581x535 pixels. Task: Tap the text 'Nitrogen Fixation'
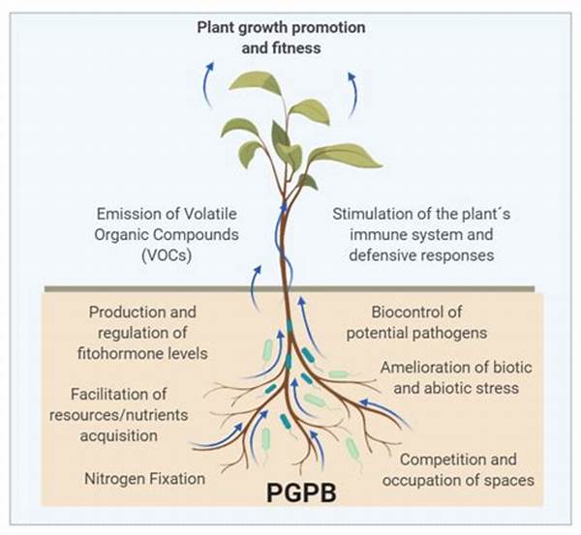point(142,478)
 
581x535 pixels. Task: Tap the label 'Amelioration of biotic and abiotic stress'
point(448,377)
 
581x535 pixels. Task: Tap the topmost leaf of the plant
point(256,82)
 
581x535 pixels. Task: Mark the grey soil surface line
point(290,288)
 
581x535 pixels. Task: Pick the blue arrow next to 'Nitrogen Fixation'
point(216,440)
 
